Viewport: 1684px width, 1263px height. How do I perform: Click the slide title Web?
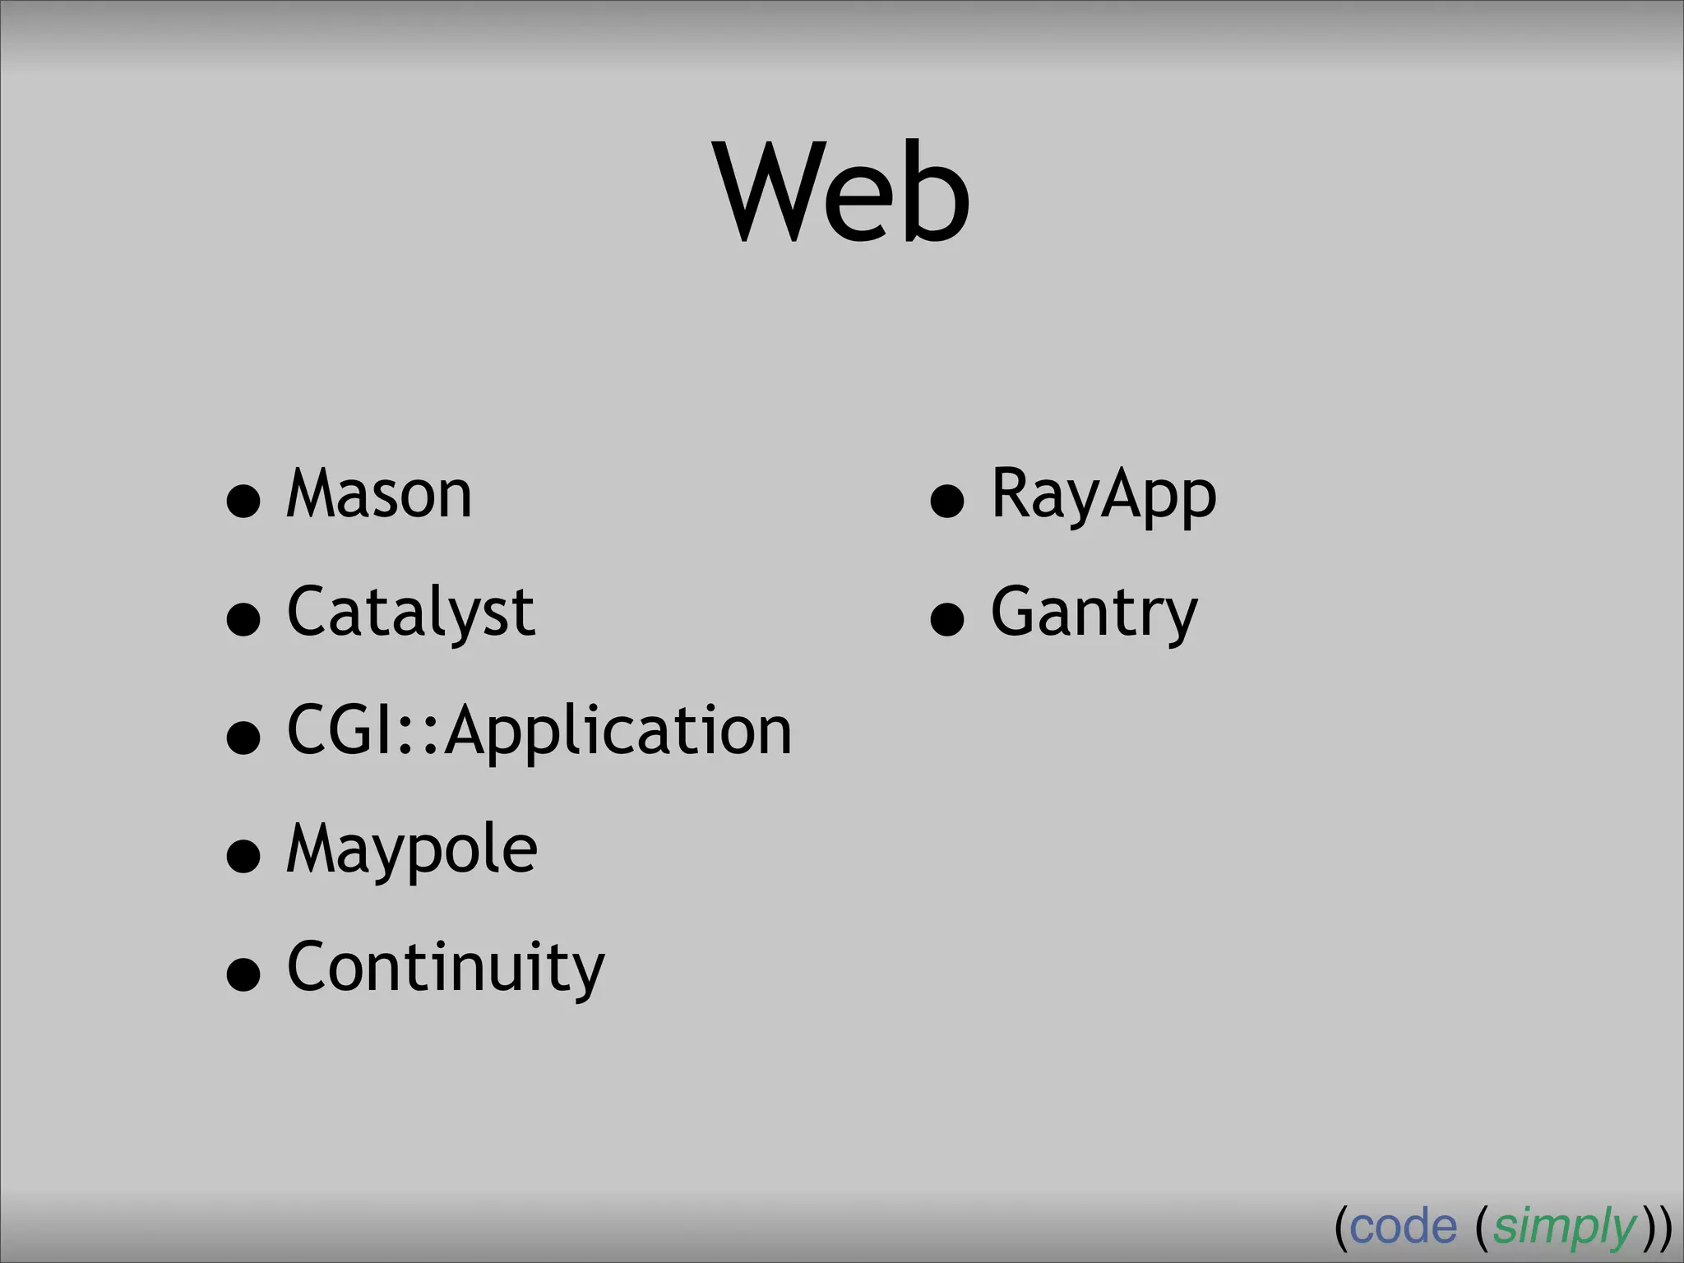(x=844, y=193)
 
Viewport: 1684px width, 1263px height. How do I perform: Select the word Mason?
(x=379, y=494)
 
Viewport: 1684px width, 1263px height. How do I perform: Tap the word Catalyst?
(x=411, y=613)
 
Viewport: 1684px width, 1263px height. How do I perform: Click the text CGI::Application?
(x=539, y=731)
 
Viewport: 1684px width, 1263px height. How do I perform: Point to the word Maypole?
(x=412, y=849)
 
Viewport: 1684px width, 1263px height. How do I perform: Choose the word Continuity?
(x=446, y=968)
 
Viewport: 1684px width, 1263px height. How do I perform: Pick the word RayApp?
(x=1103, y=494)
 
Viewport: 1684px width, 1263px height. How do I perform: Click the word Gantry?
(x=1094, y=613)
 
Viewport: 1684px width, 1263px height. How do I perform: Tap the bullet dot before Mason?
(x=243, y=500)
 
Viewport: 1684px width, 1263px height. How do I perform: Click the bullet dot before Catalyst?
(x=243, y=618)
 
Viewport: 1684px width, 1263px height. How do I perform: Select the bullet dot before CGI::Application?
(x=243, y=737)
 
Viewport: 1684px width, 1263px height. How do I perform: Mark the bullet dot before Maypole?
(x=243, y=855)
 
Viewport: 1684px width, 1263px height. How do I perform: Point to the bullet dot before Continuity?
(x=243, y=974)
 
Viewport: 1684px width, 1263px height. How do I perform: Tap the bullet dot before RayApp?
(x=947, y=500)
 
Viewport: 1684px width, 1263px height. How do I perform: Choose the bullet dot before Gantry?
(x=947, y=618)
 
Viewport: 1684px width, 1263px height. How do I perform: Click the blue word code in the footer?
(x=1403, y=1228)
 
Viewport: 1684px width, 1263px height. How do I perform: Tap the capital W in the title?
(x=768, y=193)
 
